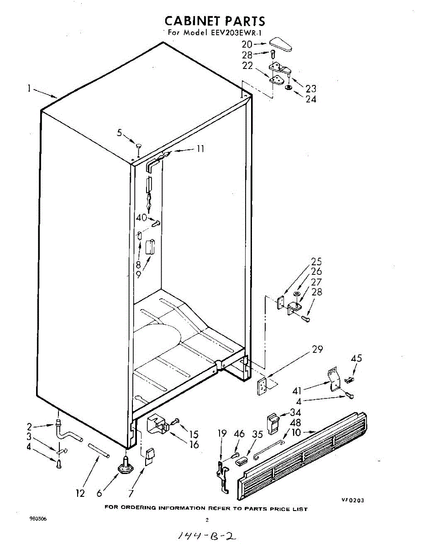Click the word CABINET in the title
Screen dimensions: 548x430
[x=190, y=21]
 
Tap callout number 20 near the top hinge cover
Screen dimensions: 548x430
[x=247, y=45]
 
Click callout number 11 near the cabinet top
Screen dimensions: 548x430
[x=200, y=149]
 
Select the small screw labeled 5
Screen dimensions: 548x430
[x=139, y=146]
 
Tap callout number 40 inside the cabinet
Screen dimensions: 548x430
[x=141, y=218]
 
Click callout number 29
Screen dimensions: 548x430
[x=317, y=350]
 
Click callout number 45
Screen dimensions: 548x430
[x=356, y=358]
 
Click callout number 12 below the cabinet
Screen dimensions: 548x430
[x=80, y=493]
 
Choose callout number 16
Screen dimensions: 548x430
[x=194, y=444]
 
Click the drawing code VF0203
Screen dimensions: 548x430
[x=353, y=500]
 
